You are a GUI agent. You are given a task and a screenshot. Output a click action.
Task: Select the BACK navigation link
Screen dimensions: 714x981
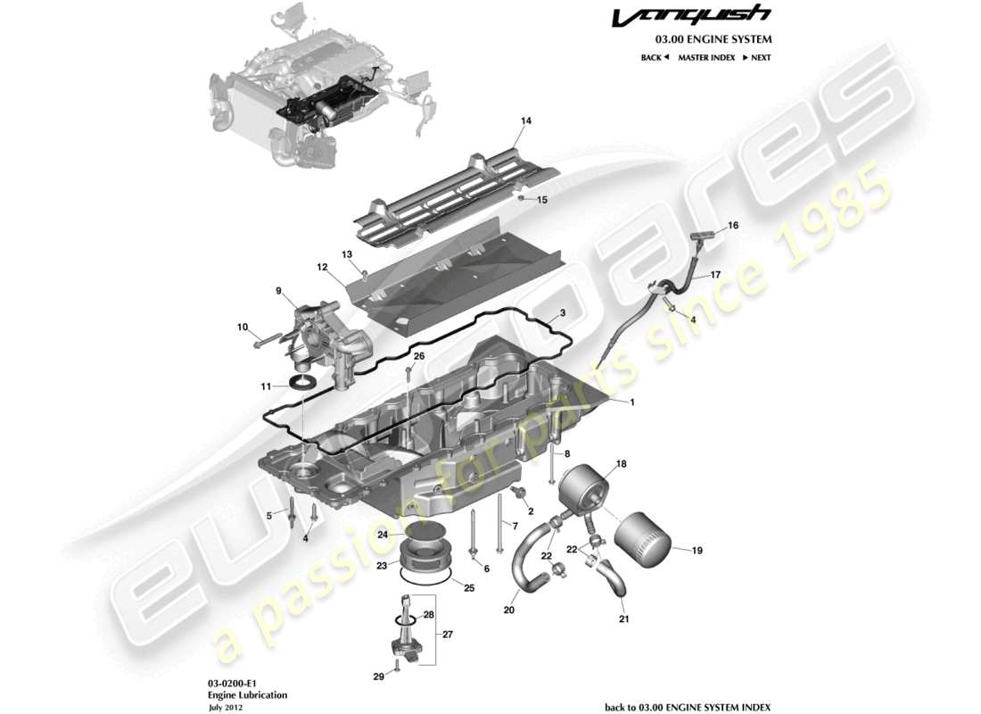(655, 57)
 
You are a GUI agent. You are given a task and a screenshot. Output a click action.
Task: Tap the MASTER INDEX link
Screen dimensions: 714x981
(706, 57)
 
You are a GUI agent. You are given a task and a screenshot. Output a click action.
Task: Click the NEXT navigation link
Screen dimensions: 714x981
(757, 57)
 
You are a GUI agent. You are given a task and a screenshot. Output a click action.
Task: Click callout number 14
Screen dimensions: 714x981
(526, 120)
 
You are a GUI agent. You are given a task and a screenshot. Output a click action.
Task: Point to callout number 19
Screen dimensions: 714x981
(697, 551)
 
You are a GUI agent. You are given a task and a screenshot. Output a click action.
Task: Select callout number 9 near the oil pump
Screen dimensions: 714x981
(278, 290)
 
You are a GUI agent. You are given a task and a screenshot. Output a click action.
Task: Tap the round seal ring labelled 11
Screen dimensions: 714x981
(304, 384)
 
